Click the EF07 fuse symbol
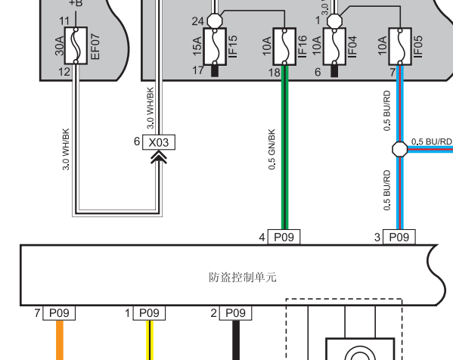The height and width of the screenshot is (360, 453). (x=76, y=45)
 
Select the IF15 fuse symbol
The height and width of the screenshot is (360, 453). (x=215, y=47)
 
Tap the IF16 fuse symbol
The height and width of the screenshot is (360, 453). (x=284, y=47)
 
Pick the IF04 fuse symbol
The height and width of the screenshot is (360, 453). (x=334, y=47)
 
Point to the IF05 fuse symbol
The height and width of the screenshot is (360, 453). (x=400, y=47)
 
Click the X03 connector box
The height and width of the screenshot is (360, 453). (x=159, y=142)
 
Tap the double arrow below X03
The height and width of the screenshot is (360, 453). (x=159, y=158)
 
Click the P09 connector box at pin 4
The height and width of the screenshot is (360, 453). (x=284, y=237)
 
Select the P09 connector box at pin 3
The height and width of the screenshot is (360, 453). (x=399, y=237)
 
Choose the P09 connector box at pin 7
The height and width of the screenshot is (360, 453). (x=59, y=313)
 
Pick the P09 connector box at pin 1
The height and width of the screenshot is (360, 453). (x=149, y=313)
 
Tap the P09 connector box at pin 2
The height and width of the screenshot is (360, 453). (x=235, y=313)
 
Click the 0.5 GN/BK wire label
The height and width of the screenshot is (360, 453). (x=271, y=150)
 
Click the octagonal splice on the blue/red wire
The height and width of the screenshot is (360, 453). (x=400, y=150)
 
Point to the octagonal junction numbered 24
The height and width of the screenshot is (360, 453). (x=215, y=20)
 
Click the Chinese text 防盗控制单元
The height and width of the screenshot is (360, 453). (x=243, y=278)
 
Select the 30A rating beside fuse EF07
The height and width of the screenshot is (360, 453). (x=59, y=45)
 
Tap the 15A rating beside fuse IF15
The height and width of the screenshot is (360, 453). (x=197, y=46)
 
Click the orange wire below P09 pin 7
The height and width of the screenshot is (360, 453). (x=60, y=340)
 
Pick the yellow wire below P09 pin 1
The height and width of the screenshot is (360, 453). (x=150, y=340)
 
